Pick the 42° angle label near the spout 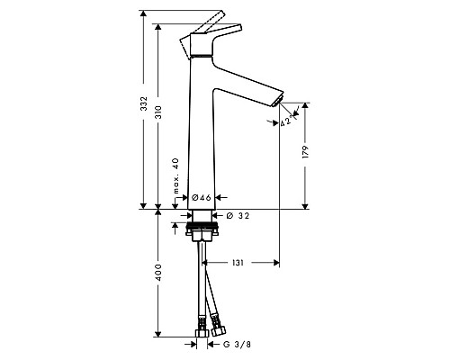[x=286, y=122]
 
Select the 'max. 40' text [x=175, y=176]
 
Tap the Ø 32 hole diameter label [x=240, y=217]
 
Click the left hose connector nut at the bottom [x=201, y=319]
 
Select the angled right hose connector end [x=216, y=320]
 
